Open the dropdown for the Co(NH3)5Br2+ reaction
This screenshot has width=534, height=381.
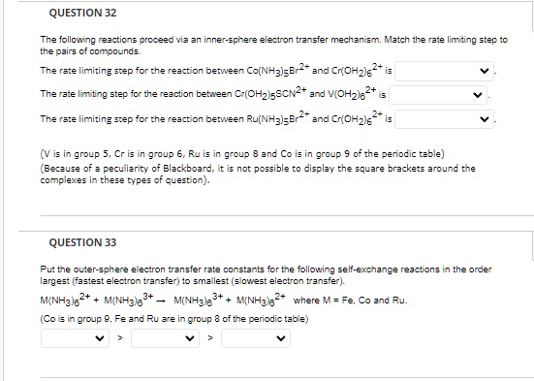(447, 71)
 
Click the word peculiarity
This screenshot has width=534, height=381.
(102, 167)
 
